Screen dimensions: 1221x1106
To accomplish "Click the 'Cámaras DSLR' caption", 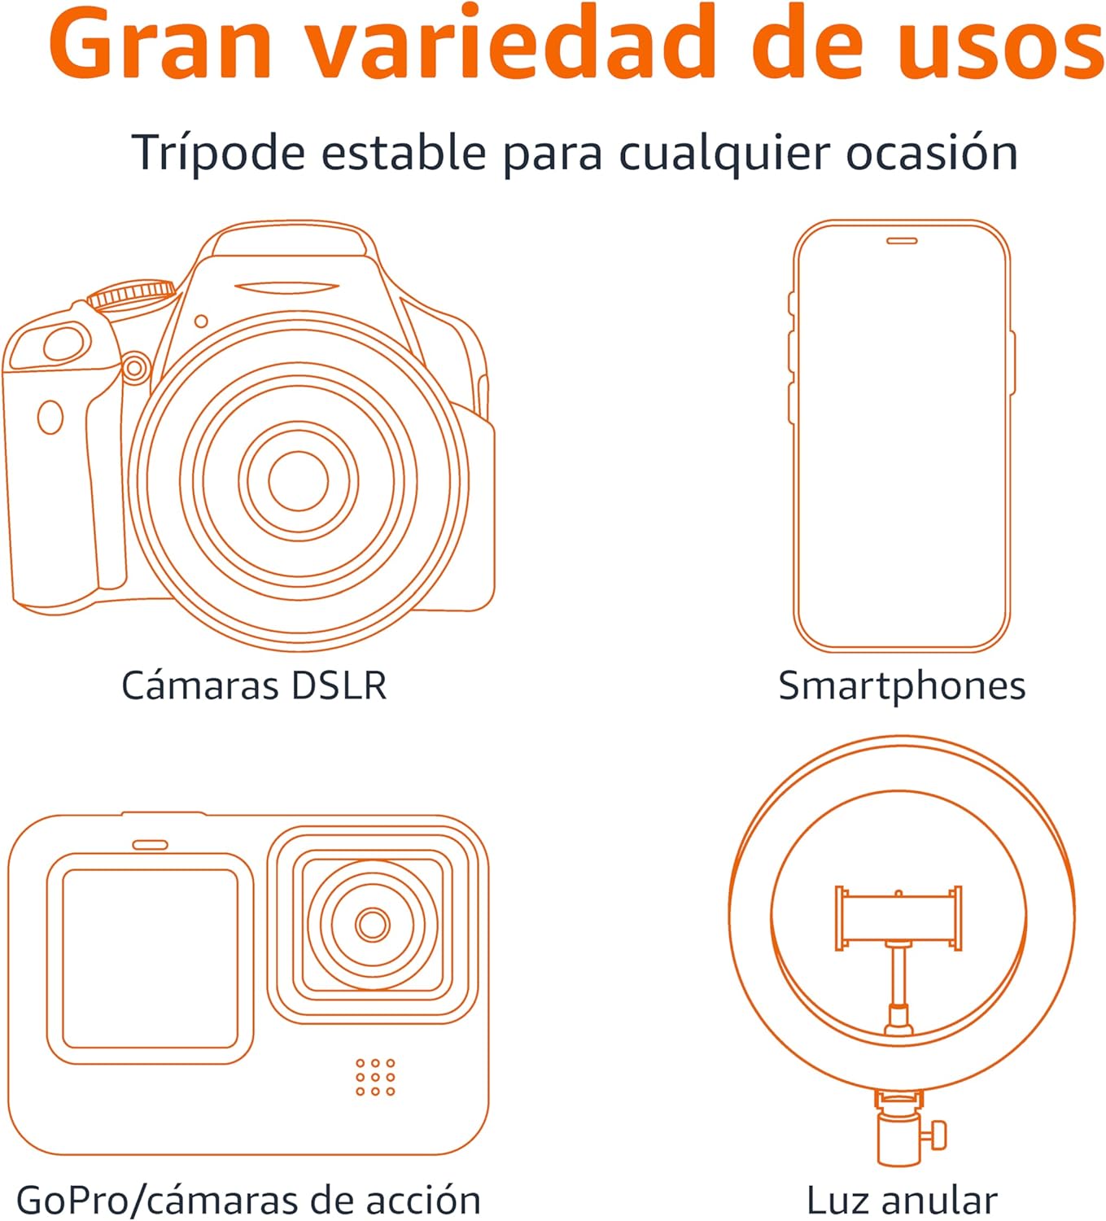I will coord(254,685).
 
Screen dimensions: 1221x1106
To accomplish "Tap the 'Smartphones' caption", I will coord(902,685).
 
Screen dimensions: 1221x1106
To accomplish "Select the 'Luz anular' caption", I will coord(902,1200).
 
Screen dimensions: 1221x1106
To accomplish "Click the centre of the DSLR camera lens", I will coord(298,480).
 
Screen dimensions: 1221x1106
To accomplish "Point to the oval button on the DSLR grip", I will coord(50,418).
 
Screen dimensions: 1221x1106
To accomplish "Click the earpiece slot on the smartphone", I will coord(902,241).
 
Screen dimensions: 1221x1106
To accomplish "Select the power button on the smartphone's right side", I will coord(1012,362).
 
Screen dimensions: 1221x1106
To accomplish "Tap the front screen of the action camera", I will coord(151,958).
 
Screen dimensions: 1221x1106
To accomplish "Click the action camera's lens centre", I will coord(373,924).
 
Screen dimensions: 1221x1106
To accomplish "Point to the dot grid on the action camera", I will coord(375,1077).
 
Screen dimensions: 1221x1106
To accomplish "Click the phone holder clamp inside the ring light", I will coord(898,917).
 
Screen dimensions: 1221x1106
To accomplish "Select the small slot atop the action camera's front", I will coord(151,845).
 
